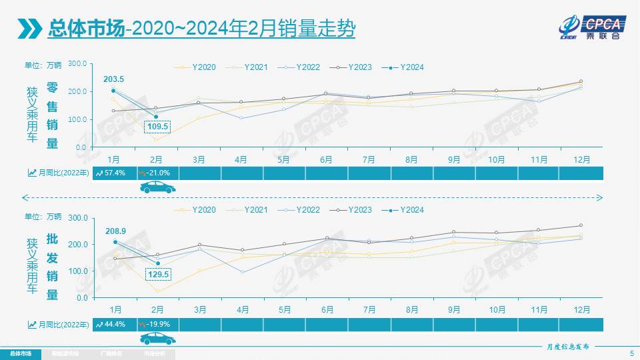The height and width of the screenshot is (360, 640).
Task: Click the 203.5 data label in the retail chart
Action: coord(113,79)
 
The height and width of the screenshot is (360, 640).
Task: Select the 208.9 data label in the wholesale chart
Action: coord(115,231)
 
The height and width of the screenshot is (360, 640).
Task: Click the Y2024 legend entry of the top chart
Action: coord(405,67)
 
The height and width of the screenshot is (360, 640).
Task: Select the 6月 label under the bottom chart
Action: coord(327,310)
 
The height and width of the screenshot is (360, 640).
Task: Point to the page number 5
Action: coord(631,353)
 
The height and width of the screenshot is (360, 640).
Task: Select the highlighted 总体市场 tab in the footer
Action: coord(20,353)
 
